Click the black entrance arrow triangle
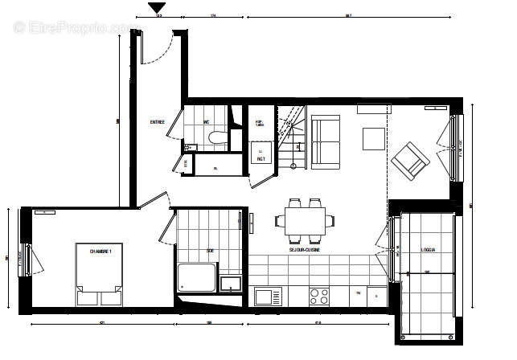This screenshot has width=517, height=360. [x=157, y=8]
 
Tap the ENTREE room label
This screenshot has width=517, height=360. [x=158, y=122]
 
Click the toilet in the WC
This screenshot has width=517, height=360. [x=215, y=138]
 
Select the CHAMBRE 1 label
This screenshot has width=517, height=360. [x=101, y=252]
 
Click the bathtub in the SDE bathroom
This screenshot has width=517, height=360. [x=195, y=278]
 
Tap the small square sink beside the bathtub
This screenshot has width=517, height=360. [x=232, y=284]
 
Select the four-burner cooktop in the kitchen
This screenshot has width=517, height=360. [x=319, y=296]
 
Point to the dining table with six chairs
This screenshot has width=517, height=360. [x=306, y=219]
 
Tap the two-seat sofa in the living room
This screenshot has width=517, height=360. [x=326, y=142]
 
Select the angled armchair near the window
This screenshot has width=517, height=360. [x=410, y=160]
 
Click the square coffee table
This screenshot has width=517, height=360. [x=374, y=139]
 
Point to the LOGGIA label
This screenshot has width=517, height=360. [x=428, y=250]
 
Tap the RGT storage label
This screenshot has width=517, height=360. [x=261, y=158]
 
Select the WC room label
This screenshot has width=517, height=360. [x=207, y=122]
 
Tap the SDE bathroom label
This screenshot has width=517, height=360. [x=211, y=251]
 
